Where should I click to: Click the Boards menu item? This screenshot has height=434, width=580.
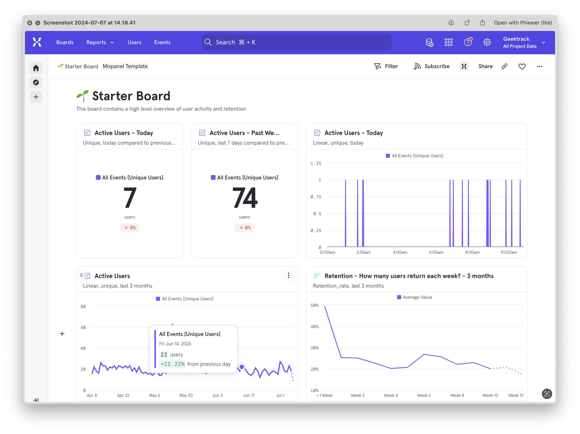click(65, 42)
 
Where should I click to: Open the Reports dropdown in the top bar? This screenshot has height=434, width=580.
click(100, 42)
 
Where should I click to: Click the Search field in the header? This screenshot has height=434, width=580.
click(296, 42)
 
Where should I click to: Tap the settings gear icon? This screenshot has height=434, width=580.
click(487, 42)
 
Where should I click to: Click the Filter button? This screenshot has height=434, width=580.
click(386, 66)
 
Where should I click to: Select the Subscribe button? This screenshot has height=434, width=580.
click(432, 66)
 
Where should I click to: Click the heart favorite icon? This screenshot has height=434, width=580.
click(522, 66)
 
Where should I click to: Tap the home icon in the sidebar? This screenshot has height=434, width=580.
click(36, 68)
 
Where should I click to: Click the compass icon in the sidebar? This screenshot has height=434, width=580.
click(36, 82)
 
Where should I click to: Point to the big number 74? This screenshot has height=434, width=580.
click(245, 198)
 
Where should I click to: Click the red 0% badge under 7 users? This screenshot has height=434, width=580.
click(130, 227)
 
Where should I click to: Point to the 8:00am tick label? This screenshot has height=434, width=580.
click(472, 252)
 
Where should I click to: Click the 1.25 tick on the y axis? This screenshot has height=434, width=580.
click(316, 164)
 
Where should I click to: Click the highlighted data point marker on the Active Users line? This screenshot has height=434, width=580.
click(242, 367)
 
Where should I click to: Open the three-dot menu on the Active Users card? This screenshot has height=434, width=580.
click(288, 275)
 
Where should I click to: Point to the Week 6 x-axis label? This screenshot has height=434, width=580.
click(424, 395)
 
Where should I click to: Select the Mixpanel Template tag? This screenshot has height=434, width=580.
click(125, 66)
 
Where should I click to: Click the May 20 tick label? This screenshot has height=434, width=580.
click(186, 395)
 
